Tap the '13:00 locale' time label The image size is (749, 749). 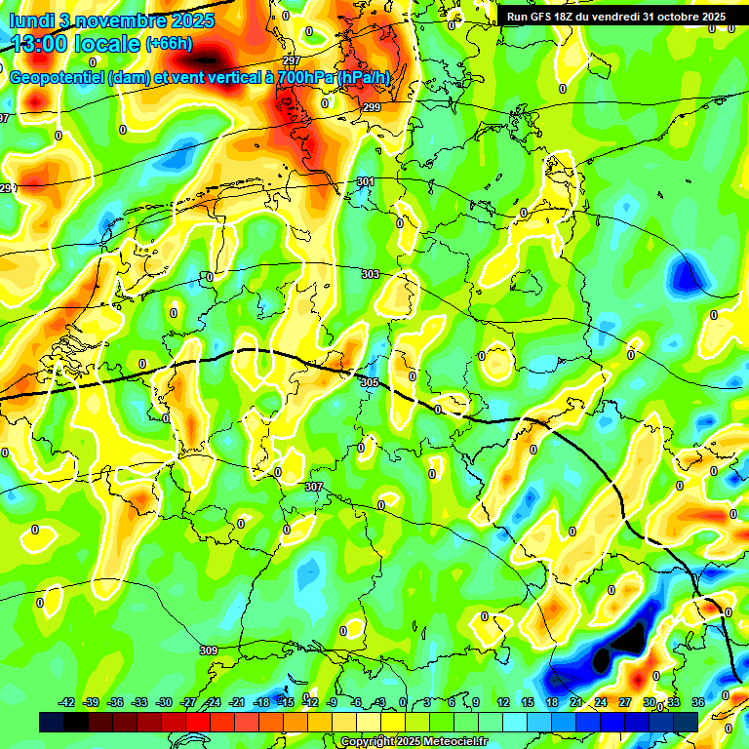pyautogui.click(x=75, y=44)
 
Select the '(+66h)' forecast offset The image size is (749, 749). pyautogui.click(x=169, y=44)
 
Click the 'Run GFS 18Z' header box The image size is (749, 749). pyautogui.click(x=615, y=17)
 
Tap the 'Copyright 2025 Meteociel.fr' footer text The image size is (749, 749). pyautogui.click(x=414, y=741)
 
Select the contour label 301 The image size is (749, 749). pyautogui.click(x=365, y=182)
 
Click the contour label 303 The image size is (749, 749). pyautogui.click(x=370, y=275)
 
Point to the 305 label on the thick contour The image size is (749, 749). pyautogui.click(x=369, y=383)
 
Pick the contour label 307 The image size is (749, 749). pyautogui.click(x=313, y=487)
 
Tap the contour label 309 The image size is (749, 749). pyautogui.click(x=208, y=650)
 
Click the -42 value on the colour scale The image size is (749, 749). pyautogui.click(x=67, y=702)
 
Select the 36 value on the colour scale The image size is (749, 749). pyautogui.click(x=697, y=702)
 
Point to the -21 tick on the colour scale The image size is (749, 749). pyautogui.click(x=237, y=702)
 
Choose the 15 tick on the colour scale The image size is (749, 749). pyautogui.click(x=528, y=702)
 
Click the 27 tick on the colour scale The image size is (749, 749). pyautogui.click(x=625, y=702)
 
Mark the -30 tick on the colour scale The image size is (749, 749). pyautogui.click(x=164, y=702)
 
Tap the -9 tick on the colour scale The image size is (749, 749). pyautogui.click(x=332, y=702)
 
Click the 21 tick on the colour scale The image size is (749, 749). pyautogui.click(x=576, y=702)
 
